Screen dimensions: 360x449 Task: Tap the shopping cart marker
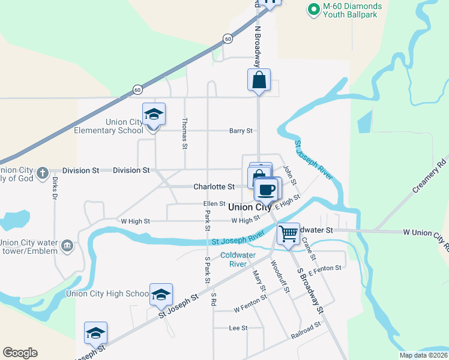289,233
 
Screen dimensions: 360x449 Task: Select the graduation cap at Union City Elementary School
154,114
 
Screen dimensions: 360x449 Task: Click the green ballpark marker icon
313,9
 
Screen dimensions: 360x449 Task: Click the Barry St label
241,130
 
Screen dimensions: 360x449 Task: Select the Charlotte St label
209,187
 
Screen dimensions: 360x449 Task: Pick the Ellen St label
213,204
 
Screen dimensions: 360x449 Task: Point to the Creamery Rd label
430,176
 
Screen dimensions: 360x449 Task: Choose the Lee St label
238,328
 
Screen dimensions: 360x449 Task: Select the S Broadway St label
310,290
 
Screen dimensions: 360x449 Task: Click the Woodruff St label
280,275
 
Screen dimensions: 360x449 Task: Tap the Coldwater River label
238,259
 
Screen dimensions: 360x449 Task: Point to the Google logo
20,353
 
